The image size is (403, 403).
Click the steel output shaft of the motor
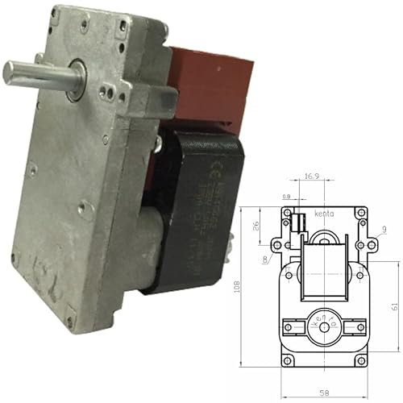[32, 73]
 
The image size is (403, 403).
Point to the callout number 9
[386, 231]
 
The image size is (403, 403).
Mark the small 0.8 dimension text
[286, 196]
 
